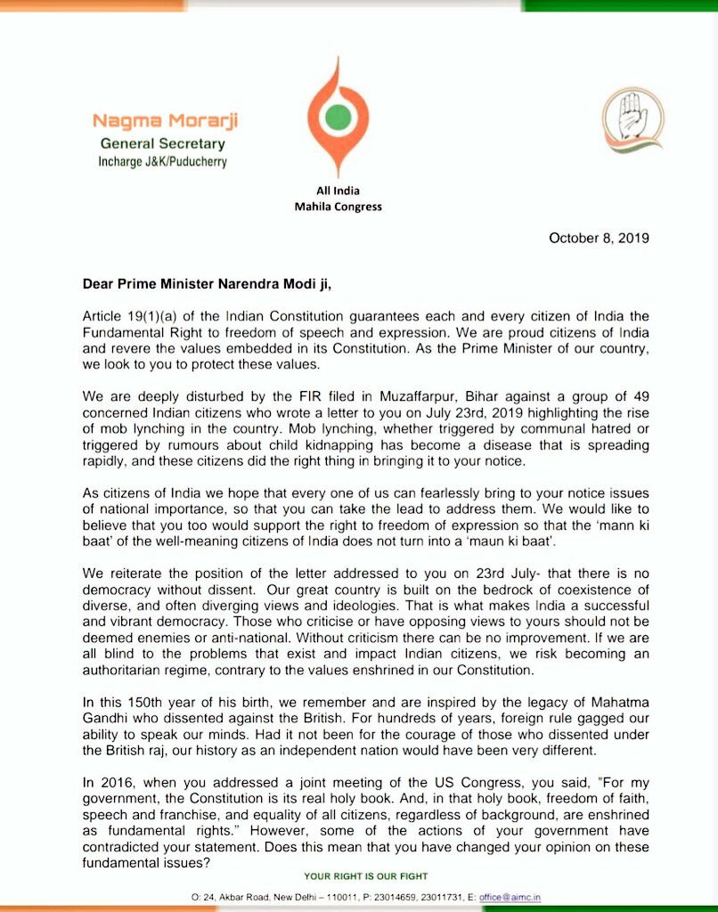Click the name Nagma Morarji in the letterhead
(x=166, y=121)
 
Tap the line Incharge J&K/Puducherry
(x=162, y=162)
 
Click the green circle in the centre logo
(x=337, y=116)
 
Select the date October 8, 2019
(x=599, y=238)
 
